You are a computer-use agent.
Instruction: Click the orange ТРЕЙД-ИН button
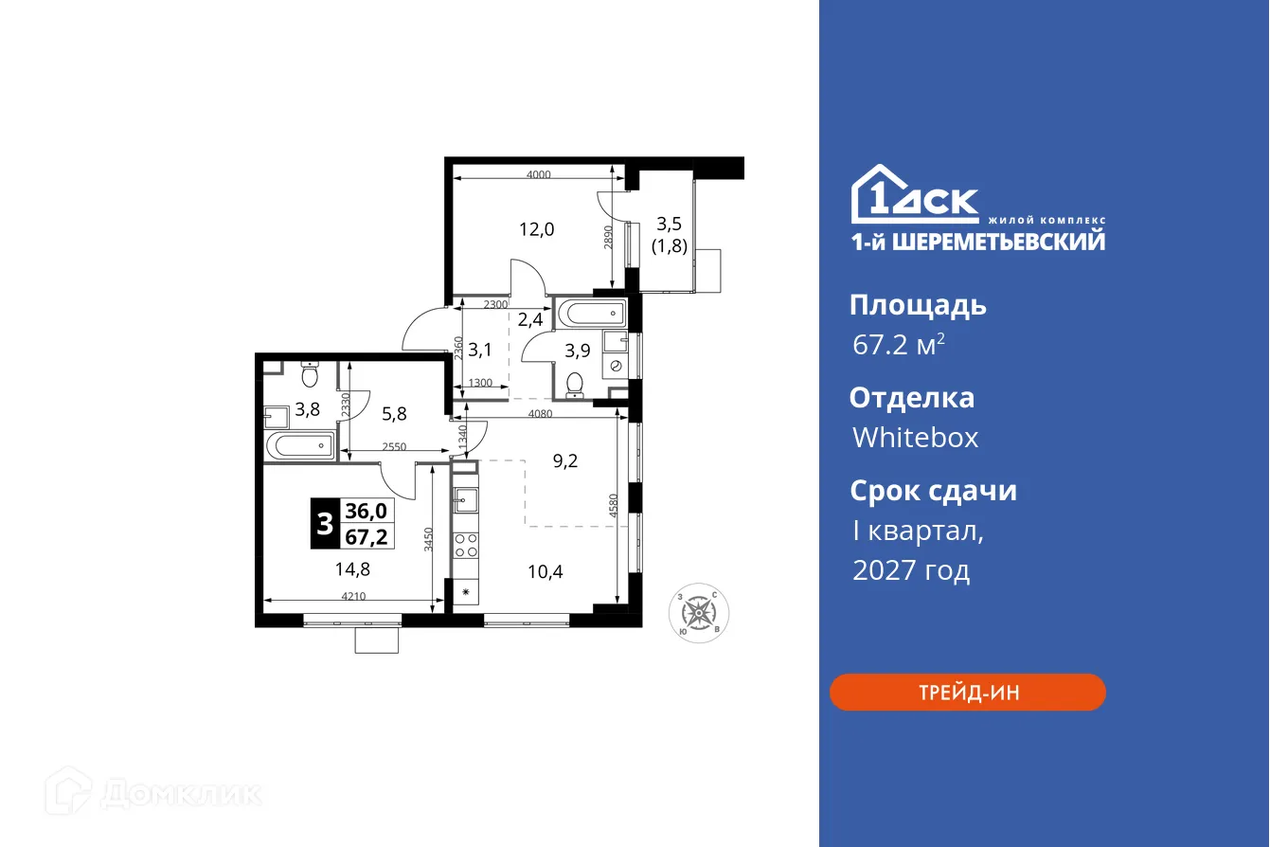(967, 693)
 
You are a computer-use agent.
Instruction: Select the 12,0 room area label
(535, 228)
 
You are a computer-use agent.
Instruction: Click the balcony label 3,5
(669, 225)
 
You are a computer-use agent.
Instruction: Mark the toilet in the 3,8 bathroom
(308, 376)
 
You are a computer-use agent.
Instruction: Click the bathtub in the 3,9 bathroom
(590, 313)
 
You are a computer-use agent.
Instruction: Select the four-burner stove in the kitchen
(465, 545)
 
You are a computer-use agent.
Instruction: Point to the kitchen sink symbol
(465, 497)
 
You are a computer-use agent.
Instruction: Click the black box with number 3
(325, 524)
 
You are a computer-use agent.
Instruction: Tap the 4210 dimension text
(352, 596)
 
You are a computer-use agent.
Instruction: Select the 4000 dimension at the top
(538, 174)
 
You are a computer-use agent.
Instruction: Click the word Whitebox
(915, 438)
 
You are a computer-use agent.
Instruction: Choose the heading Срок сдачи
(933, 491)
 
